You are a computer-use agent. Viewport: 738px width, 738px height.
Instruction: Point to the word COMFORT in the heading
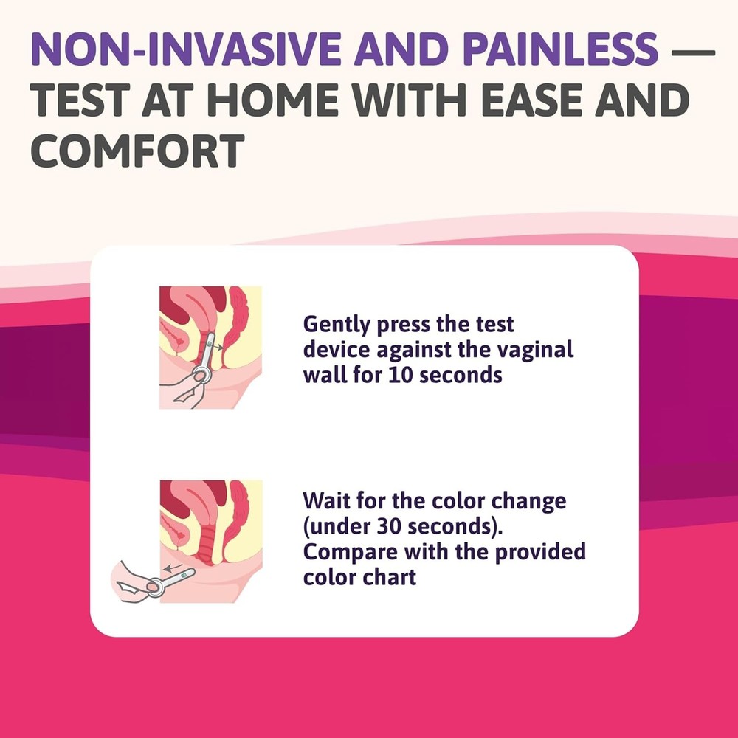coord(139,150)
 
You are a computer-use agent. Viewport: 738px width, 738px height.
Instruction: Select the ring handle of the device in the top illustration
coord(200,376)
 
